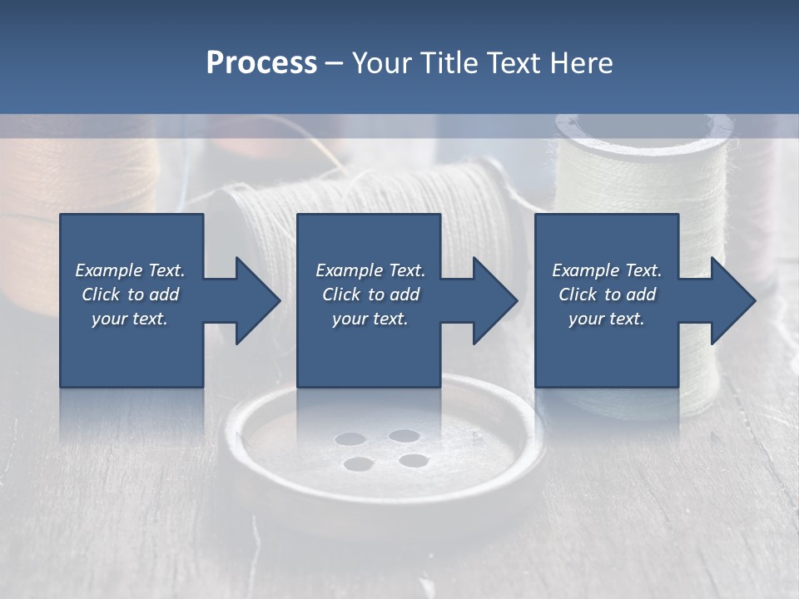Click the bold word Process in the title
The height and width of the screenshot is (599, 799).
pos(261,62)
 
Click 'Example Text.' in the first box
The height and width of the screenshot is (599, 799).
pos(130,270)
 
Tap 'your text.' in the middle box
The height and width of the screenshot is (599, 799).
pos(370,319)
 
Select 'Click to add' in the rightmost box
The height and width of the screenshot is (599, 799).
pos(607,295)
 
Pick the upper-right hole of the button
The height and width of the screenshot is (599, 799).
pos(404,435)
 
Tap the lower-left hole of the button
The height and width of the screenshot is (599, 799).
pos(356,463)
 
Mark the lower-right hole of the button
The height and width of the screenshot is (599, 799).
pos(413,459)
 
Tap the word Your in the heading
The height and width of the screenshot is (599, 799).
pos(382,62)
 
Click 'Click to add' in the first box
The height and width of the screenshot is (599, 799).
pos(130,295)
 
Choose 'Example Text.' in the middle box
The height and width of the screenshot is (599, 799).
pos(370,270)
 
